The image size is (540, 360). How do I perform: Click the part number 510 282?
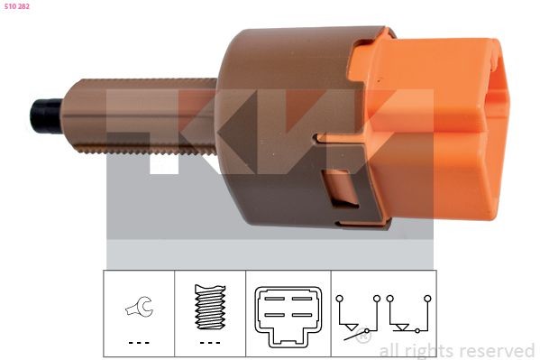tap(17, 6)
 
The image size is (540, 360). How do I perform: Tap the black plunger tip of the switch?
tap(46, 115)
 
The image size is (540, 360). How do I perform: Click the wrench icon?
tap(139, 306)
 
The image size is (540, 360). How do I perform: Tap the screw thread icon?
tap(210, 307)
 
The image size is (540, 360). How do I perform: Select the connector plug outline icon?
tap(288, 316)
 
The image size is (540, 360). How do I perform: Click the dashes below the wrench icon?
tap(139, 343)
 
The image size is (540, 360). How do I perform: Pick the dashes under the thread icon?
tap(210, 343)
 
